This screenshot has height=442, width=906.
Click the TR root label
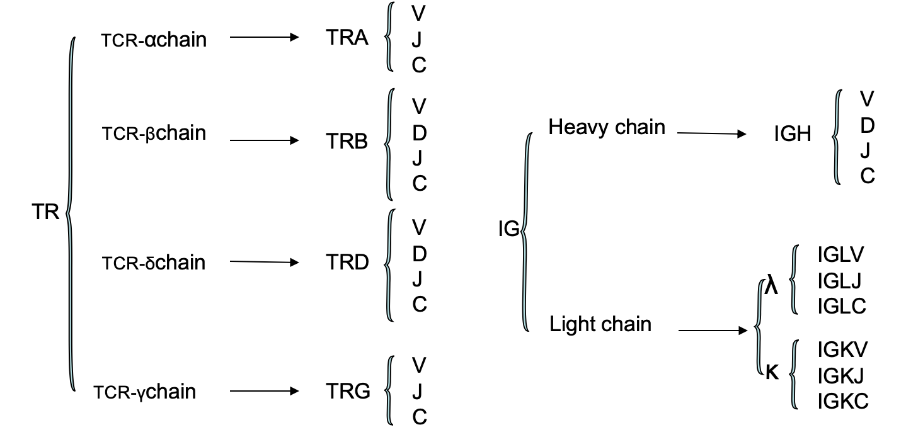45,212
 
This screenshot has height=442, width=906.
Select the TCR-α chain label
154,40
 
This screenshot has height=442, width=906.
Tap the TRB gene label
347,142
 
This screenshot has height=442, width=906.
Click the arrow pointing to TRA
263,38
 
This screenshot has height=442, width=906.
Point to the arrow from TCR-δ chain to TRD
263,262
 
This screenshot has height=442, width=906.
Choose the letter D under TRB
419,133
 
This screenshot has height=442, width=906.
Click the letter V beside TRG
419,365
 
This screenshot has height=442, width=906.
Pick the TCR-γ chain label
145,392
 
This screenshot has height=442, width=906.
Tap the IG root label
508,230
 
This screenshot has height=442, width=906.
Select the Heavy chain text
606,127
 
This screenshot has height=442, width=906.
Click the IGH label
793,135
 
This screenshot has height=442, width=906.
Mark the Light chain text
600,324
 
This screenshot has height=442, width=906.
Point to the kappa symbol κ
772,372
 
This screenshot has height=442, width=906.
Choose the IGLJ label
840,280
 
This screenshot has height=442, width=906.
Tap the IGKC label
842,400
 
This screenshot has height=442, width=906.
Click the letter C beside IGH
868,177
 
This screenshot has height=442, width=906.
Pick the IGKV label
842,349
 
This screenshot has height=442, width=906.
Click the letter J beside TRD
418,279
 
